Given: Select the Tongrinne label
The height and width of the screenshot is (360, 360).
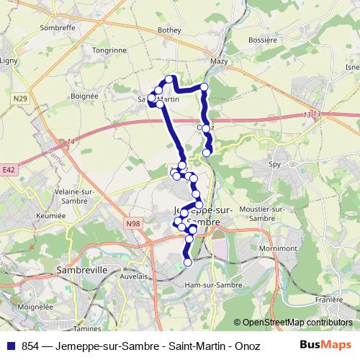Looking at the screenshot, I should click(x=109, y=51).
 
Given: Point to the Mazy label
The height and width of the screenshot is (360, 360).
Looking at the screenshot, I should click(x=219, y=62).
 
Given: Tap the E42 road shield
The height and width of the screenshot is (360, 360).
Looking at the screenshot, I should click(x=9, y=170).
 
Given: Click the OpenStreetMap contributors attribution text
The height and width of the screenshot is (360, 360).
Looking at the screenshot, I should click(x=297, y=323).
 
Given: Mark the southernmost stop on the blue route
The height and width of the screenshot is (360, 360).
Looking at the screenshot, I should click(x=188, y=263).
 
